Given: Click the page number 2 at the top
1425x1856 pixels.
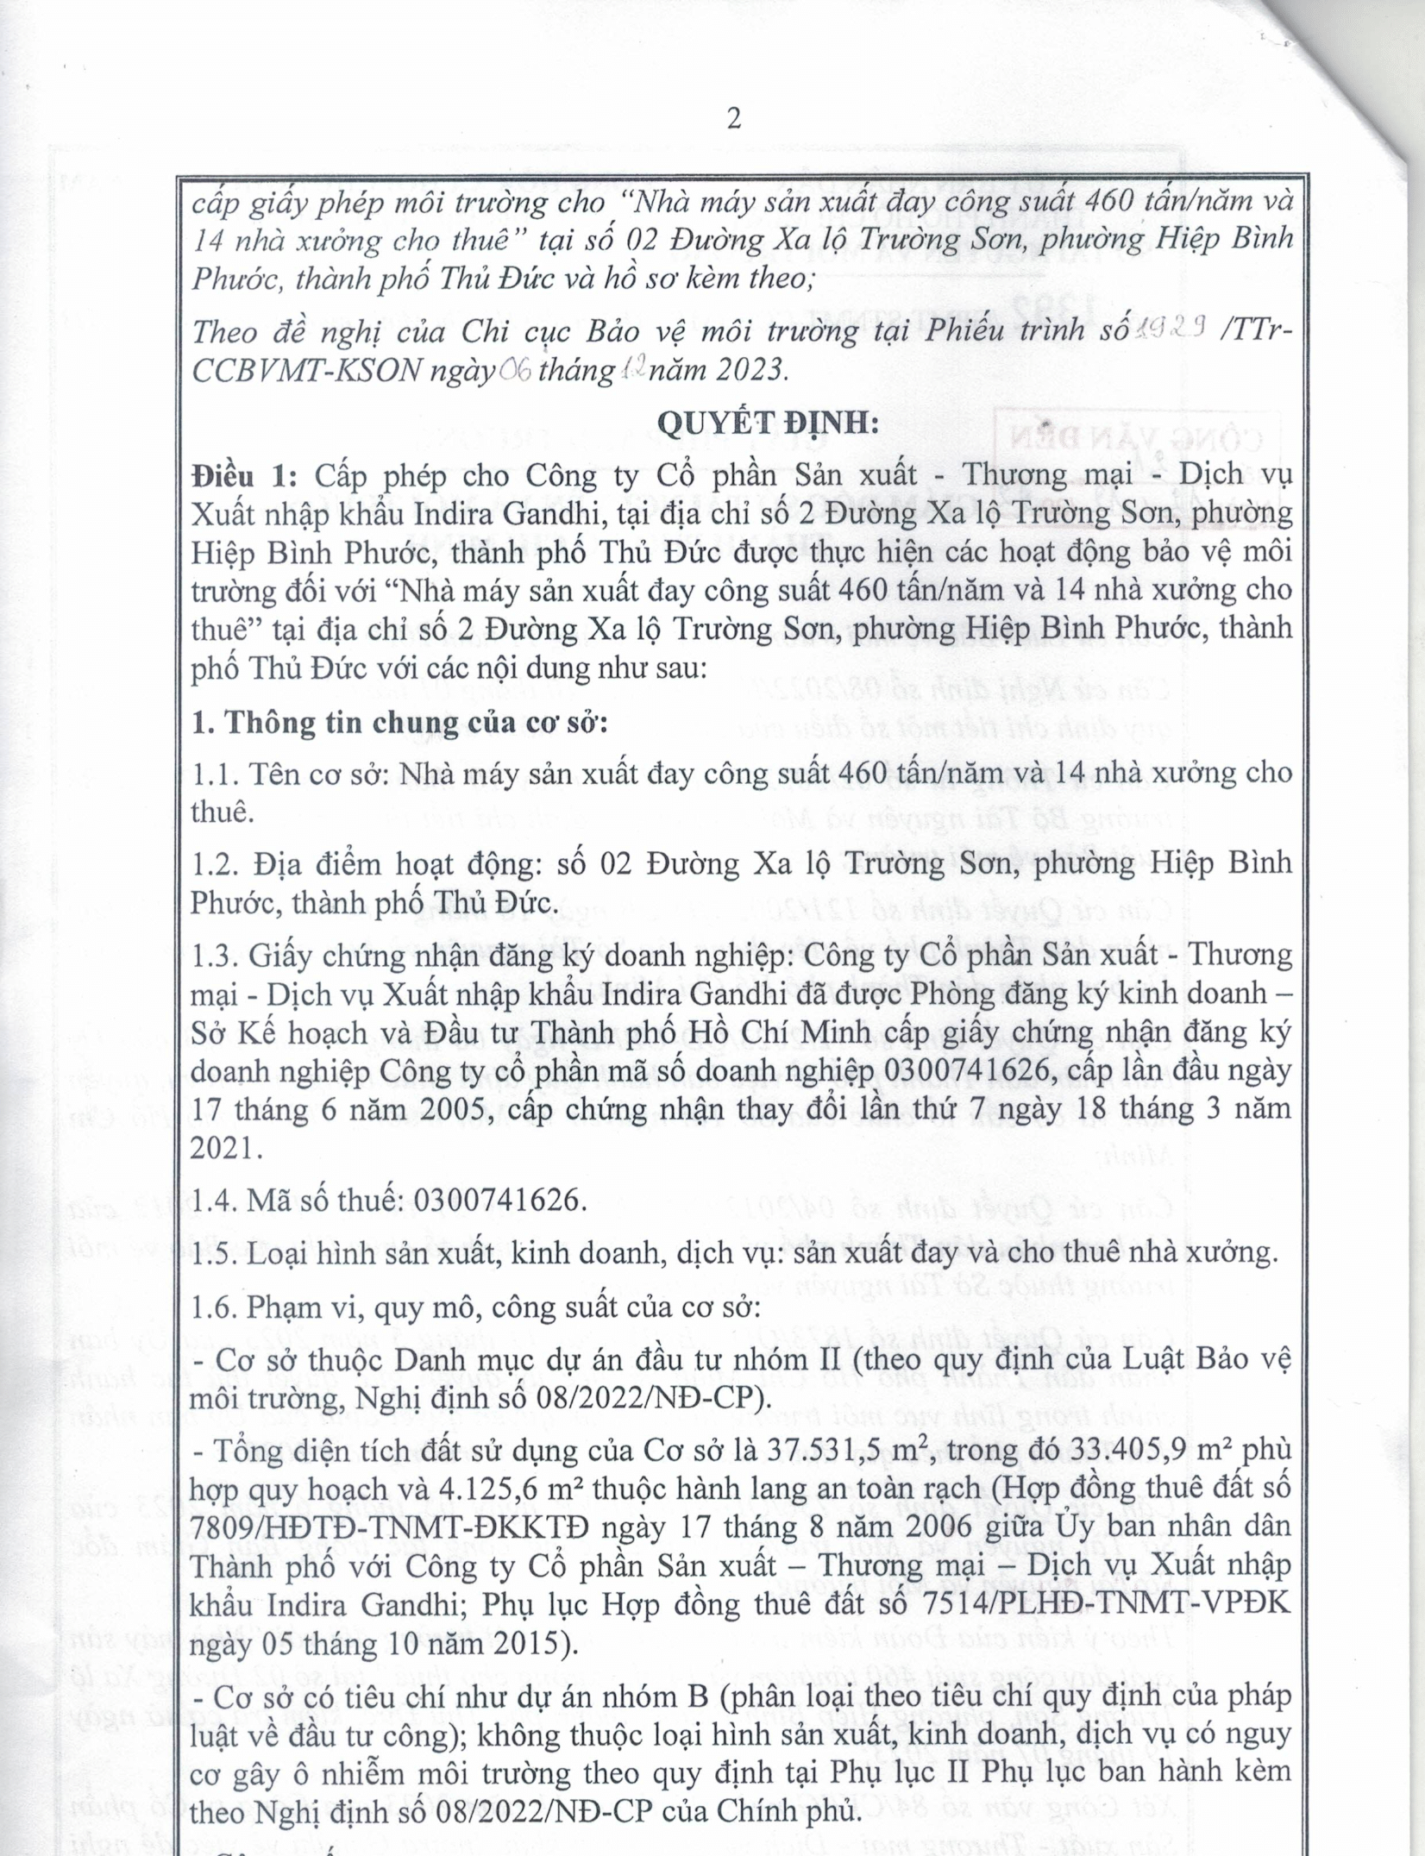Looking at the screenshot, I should coord(734,118).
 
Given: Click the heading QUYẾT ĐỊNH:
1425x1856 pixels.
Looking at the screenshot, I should coord(769,423).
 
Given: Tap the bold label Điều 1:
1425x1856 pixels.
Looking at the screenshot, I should coord(244,475).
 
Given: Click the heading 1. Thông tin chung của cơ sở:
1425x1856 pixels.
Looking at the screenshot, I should coord(399,722).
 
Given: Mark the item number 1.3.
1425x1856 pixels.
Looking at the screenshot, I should coord(216,956).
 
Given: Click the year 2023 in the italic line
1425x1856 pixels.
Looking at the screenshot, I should coord(749,370).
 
